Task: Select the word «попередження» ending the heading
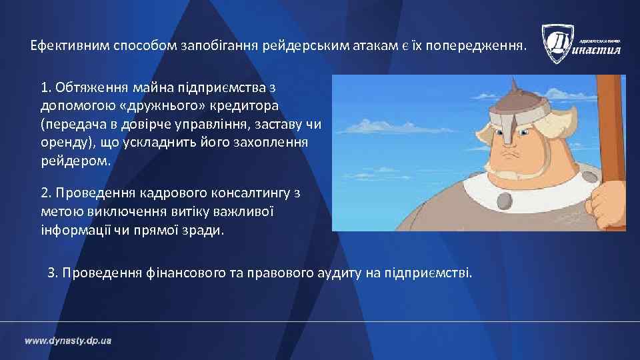tap(482, 47)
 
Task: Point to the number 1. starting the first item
tap(46, 87)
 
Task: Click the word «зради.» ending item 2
tap(209, 231)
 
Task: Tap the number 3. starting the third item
tap(53, 273)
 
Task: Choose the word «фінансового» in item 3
tap(170, 273)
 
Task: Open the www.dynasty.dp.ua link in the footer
tap(68, 341)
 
